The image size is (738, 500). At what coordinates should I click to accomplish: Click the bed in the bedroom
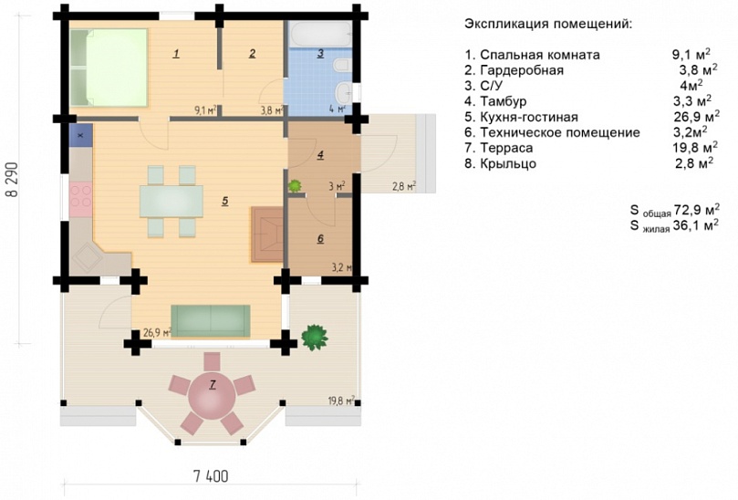point(109,68)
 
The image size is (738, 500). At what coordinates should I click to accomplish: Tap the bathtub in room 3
point(319,34)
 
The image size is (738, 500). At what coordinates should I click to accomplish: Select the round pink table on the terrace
point(212,396)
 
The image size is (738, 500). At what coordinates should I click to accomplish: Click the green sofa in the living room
point(211,320)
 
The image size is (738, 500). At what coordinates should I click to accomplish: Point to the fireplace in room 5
point(266,234)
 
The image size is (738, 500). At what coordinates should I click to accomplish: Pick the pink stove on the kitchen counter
point(80,199)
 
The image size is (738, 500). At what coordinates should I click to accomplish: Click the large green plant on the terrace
point(314,337)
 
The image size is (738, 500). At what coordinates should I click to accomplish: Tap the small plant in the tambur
point(295,185)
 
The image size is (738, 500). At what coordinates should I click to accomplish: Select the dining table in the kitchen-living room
point(172,202)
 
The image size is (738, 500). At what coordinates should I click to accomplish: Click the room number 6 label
point(320,239)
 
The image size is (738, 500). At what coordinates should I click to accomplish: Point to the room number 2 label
point(253,53)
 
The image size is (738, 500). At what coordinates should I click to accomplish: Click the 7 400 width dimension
point(211,476)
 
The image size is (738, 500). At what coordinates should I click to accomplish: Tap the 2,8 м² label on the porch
point(404,186)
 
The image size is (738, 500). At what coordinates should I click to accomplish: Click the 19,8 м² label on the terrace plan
point(341,401)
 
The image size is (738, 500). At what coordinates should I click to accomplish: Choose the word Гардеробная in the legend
point(522,70)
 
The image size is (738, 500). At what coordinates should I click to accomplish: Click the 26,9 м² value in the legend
point(697,116)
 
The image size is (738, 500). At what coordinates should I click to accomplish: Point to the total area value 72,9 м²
point(697,209)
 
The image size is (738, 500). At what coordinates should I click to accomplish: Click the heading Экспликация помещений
point(548,24)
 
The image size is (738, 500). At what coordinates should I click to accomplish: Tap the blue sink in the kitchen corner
point(80,136)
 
